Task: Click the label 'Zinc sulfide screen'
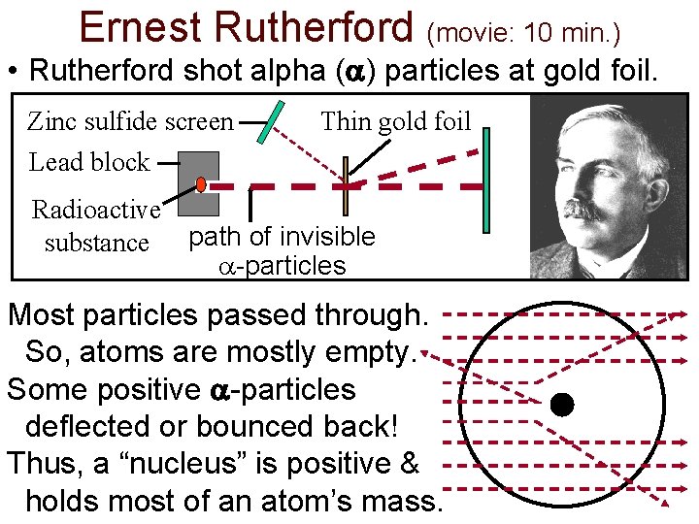[130, 122]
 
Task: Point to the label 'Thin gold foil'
[395, 121]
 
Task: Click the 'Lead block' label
[89, 162]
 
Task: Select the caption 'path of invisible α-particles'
[282, 250]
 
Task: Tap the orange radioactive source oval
[200, 184]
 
